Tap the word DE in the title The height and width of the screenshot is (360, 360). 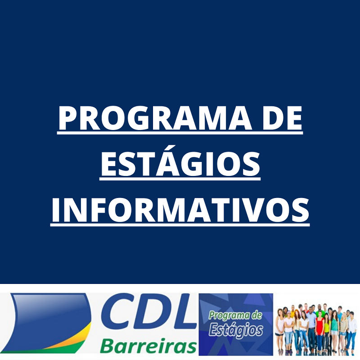[283, 118]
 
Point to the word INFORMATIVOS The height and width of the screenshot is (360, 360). [180, 210]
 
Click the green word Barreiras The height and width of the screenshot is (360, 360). [148, 345]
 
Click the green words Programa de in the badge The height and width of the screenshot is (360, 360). [235, 316]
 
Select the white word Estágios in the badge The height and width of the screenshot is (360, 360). [236, 330]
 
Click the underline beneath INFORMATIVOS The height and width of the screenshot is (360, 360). [180, 225]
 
